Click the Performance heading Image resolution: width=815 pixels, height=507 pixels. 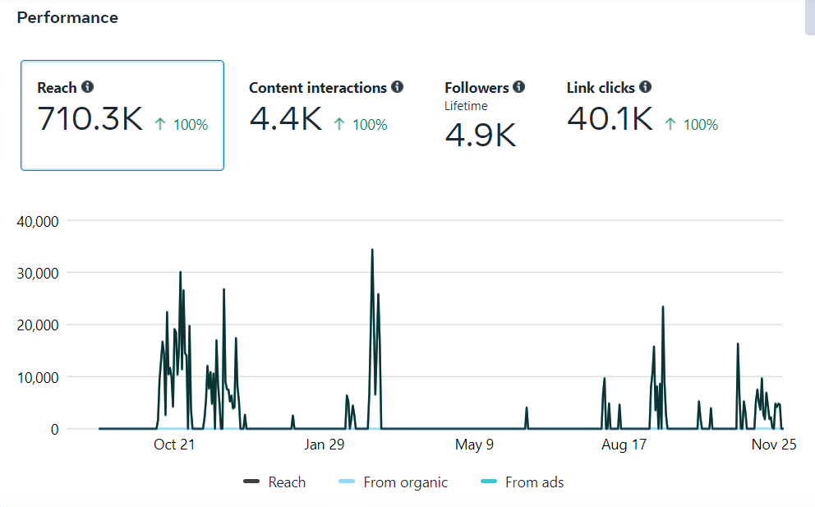(x=67, y=17)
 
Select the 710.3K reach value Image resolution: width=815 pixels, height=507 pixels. (x=90, y=119)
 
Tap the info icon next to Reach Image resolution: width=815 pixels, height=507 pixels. (x=88, y=87)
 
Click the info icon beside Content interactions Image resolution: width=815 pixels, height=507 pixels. (x=398, y=86)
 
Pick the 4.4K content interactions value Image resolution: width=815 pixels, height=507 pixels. (x=285, y=119)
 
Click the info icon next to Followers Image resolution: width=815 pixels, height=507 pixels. (x=518, y=86)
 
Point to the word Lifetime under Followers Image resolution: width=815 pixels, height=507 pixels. (x=466, y=106)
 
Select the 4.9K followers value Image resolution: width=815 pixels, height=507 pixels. (x=481, y=136)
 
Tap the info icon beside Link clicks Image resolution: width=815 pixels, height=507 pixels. (x=645, y=86)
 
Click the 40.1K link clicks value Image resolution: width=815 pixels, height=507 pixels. (x=610, y=119)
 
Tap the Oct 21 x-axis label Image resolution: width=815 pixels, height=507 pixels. (x=174, y=445)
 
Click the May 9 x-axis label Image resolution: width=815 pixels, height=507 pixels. (x=474, y=445)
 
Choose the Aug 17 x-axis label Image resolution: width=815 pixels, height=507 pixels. (x=624, y=445)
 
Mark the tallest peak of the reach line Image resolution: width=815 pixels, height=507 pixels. (x=372, y=250)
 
